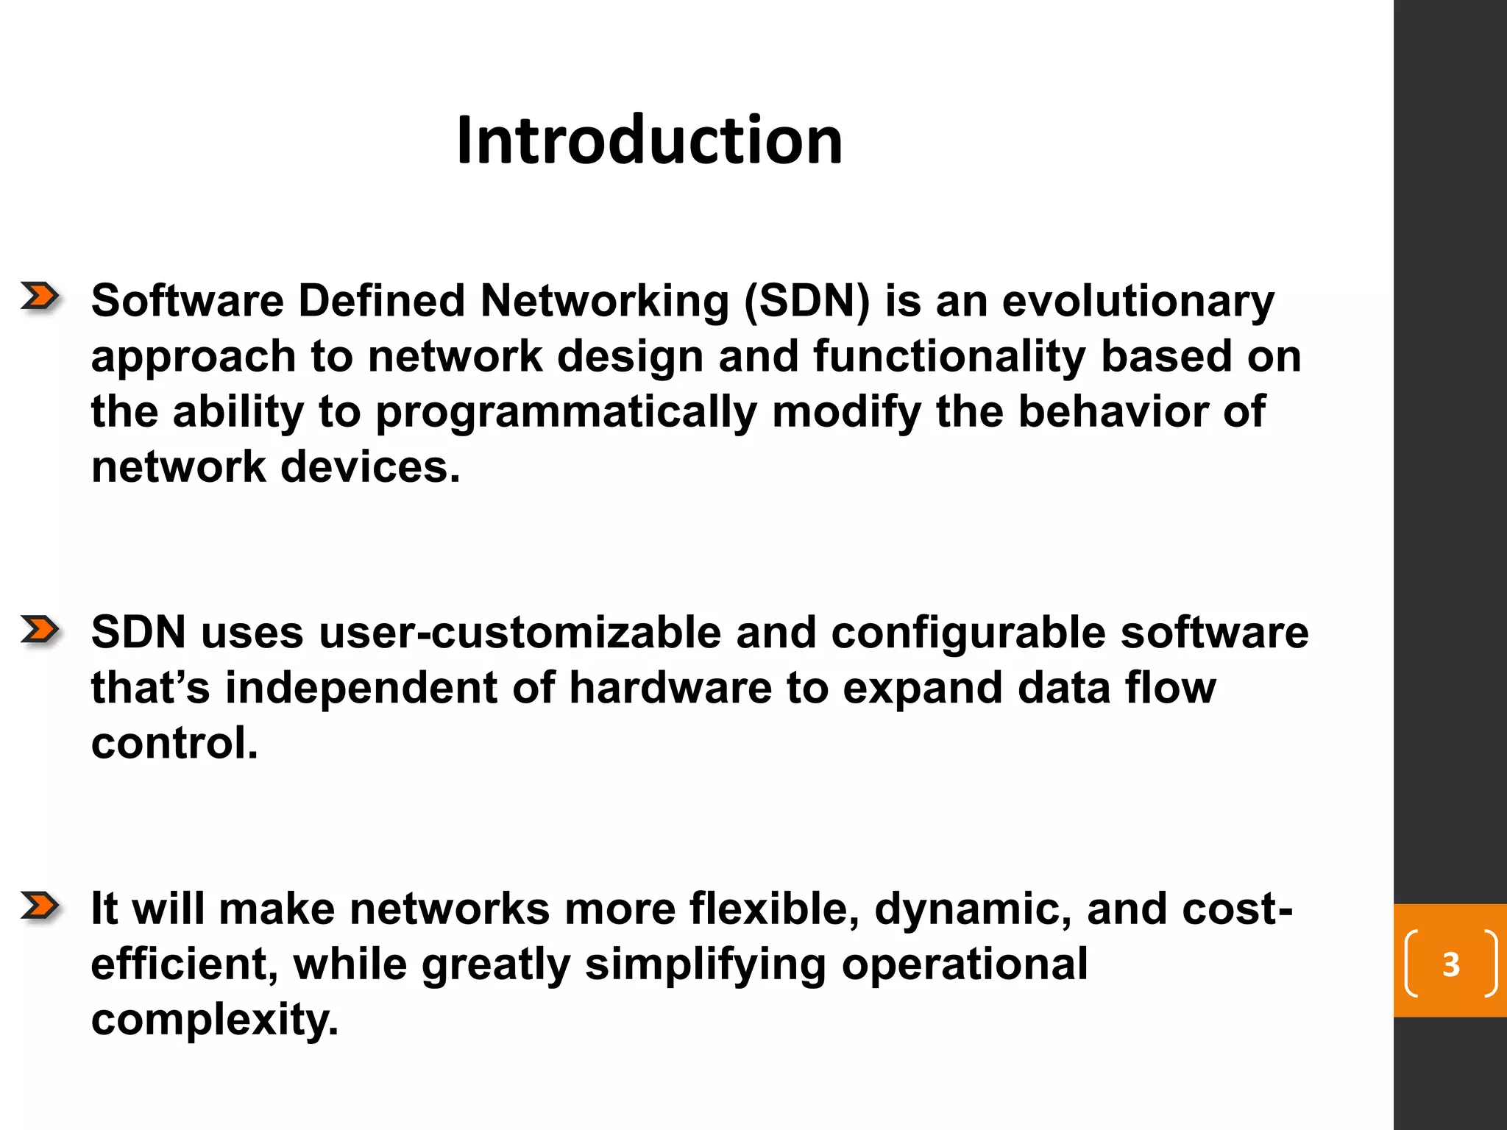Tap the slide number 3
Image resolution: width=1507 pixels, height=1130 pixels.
[1450, 964]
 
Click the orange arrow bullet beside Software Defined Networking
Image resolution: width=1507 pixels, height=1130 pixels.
[40, 296]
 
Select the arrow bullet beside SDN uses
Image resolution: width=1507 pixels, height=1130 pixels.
[40, 630]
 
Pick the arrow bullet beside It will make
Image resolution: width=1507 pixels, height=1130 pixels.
[40, 906]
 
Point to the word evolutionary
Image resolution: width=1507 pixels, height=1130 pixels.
[1138, 301]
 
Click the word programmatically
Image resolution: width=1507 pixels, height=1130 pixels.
[567, 412]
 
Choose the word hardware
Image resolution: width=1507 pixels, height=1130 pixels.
[670, 688]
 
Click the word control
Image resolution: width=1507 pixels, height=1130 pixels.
[174, 743]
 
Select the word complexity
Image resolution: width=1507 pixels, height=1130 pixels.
[214, 1020]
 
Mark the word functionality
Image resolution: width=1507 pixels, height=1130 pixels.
[949, 357]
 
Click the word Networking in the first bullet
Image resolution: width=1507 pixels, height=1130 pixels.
[604, 301]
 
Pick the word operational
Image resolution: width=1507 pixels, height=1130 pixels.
[965, 965]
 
